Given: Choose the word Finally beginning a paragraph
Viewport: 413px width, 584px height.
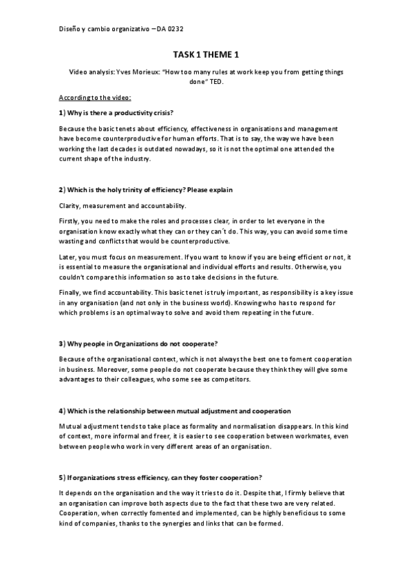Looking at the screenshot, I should (70, 293).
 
